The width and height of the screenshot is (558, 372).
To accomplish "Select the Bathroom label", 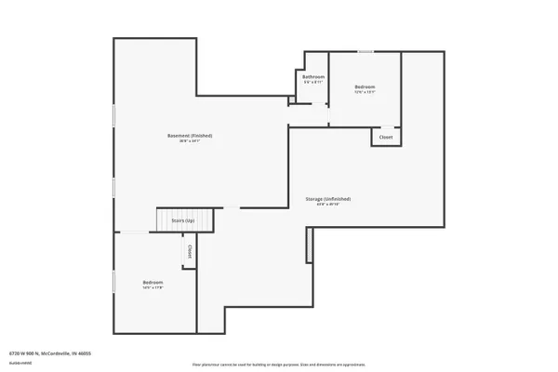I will pos(313,76).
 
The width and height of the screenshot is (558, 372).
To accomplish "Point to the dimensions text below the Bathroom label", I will pos(313,82).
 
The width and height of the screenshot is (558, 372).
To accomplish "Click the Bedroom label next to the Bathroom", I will pos(365,86).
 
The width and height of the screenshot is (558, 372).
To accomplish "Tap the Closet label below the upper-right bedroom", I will pos(386,137).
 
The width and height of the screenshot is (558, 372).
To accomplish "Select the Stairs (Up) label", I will pos(183,220).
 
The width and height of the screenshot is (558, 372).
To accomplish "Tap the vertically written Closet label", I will pos(190,250).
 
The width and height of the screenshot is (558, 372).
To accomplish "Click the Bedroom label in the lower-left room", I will pos(153,282).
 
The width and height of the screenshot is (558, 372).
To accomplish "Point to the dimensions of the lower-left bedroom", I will pos(153,288).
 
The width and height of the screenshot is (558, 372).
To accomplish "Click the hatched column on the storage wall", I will pos(309,245).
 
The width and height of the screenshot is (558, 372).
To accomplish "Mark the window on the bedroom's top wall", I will pos(366,52).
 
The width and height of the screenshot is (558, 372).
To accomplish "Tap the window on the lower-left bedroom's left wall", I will pos(113,282).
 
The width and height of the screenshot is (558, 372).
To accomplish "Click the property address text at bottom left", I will pos(50,353).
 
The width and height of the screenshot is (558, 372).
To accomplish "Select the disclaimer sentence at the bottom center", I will pos(278,365).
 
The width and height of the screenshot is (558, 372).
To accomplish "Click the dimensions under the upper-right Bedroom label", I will pos(365,92).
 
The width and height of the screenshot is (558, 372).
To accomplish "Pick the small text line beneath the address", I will pos(19,361).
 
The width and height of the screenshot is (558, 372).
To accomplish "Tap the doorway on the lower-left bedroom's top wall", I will pos(136,232).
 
